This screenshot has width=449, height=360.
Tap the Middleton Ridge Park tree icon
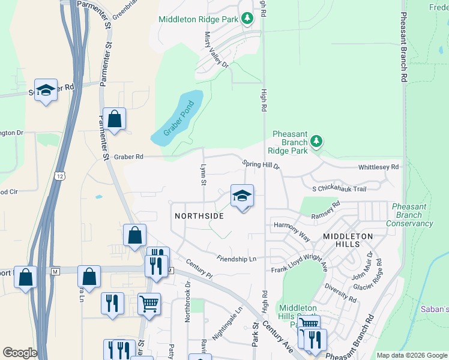coord(247,19)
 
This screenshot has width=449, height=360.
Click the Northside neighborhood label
coord(199,216)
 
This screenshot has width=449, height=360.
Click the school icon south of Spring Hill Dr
coord(242,196)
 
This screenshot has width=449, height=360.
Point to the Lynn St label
coord(203,175)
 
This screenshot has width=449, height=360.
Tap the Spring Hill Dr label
coord(261,164)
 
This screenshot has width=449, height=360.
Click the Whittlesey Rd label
coord(378,168)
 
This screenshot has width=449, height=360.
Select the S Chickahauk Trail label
coord(339,189)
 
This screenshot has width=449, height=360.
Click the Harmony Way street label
coord(292,231)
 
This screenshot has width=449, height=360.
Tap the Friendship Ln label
coord(237,259)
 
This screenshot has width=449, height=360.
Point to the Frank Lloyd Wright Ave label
coord(300,268)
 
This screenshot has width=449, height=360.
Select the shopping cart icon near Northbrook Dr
coord(149,304)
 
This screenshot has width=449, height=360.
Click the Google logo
coord(20,352)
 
